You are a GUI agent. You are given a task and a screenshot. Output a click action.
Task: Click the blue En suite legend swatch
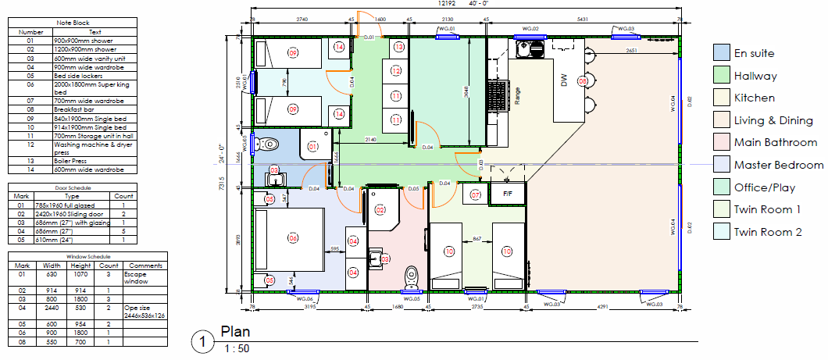pyautogui.click(x=721, y=53)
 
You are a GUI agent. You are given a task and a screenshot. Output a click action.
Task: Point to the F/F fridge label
pyautogui.click(x=507, y=193)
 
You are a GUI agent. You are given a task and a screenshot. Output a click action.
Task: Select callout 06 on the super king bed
pyautogui.click(x=293, y=237)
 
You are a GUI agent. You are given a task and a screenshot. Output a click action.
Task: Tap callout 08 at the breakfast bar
pyautogui.click(x=582, y=80)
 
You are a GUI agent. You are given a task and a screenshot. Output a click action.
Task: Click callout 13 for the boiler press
pyautogui.click(x=398, y=48)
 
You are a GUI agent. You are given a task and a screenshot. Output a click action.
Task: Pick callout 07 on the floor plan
pyautogui.click(x=475, y=194)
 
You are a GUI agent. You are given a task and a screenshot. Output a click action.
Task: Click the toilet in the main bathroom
pyautogui.click(x=411, y=276)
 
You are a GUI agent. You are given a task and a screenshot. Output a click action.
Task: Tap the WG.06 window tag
pyautogui.click(x=305, y=298)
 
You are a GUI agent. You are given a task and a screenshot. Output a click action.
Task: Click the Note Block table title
pyautogui.click(x=73, y=23)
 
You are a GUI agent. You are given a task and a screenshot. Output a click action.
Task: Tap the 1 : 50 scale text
pyautogui.click(x=237, y=348)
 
